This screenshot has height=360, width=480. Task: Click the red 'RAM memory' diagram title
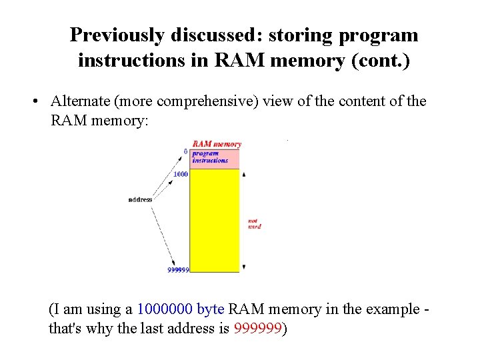tap(217, 144)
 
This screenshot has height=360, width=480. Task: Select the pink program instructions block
tap(215, 159)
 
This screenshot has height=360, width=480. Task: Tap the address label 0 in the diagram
tap(186, 151)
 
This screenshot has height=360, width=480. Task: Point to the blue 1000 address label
tap(180, 175)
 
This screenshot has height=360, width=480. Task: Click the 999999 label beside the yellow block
tap(178, 270)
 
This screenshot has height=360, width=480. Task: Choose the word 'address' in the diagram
tap(140, 199)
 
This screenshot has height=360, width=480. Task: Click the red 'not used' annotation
tap(254, 223)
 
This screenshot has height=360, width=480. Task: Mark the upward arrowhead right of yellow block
tap(244, 175)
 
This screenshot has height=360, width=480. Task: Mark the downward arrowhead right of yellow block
tap(244, 267)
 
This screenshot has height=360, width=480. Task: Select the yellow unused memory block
tap(215, 220)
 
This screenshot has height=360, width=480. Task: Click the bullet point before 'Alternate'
tap(34, 102)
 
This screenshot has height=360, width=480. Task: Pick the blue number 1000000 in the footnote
tap(165, 309)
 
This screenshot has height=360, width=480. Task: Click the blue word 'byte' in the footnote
tap(211, 309)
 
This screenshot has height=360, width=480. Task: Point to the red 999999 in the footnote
tap(258, 329)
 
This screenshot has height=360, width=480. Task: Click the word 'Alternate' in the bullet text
tap(79, 101)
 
